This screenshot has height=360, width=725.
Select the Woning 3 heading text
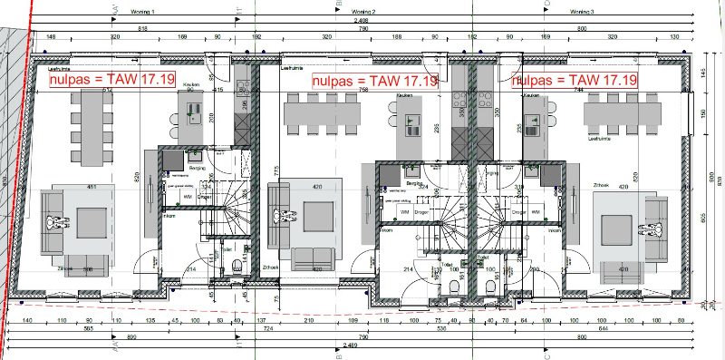coord(581,13)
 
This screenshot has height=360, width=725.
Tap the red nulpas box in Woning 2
coord(375,81)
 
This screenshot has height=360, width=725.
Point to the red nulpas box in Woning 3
coord(574,81)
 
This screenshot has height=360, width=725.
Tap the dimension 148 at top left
coord(51,37)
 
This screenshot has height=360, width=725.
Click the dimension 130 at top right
coord(673,37)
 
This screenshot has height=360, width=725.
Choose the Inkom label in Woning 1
coord(169,217)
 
